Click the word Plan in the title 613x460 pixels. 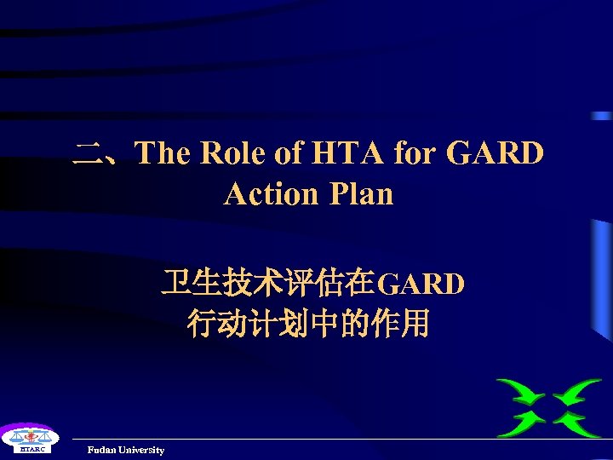coord(360,193)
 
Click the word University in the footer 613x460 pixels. coord(142,450)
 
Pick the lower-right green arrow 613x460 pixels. coord(577,422)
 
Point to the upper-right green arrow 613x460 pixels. coord(577,394)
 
